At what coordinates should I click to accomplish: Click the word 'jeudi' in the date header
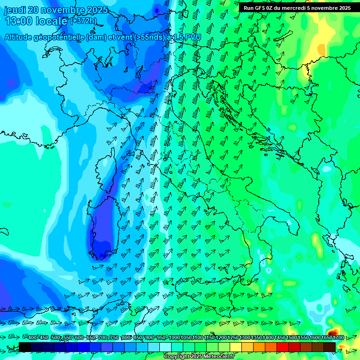[x=14, y=10]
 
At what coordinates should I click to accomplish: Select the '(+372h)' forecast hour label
[x=82, y=21]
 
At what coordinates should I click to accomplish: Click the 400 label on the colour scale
[x=33, y=338]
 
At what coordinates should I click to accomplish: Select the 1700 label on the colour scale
[x=325, y=338]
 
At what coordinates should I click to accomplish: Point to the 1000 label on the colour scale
[x=174, y=338]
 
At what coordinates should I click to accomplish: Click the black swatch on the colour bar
[x=25, y=347]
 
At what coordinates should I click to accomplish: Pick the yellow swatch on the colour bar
[x=236, y=347]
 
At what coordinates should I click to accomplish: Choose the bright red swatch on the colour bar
[x=283, y=347]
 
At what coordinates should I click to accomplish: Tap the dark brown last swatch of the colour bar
[x=330, y=347]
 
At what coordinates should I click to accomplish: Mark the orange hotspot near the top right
[x=321, y=48]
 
